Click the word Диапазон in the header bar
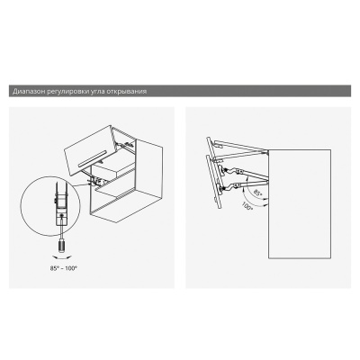(x=29, y=91)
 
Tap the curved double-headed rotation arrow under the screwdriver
(x=62, y=256)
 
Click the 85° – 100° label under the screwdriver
(x=63, y=268)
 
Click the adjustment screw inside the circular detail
(x=61, y=215)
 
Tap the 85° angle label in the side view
(x=257, y=193)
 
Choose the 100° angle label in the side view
(x=247, y=207)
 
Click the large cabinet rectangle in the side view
(x=300, y=204)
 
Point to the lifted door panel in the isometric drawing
(x=89, y=151)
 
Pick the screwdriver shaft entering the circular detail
(x=61, y=229)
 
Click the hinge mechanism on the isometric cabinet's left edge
(x=96, y=181)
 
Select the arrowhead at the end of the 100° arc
(x=266, y=205)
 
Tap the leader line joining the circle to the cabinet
(x=83, y=185)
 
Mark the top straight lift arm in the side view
(x=240, y=145)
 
